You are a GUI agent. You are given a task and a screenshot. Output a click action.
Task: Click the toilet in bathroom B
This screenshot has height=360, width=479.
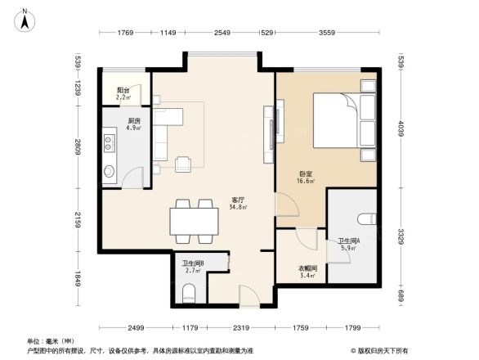(190, 292)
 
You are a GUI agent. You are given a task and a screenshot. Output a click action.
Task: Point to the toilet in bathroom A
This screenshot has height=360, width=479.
(368, 218)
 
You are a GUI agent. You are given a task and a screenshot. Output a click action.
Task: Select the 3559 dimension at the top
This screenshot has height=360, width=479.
(327, 33)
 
